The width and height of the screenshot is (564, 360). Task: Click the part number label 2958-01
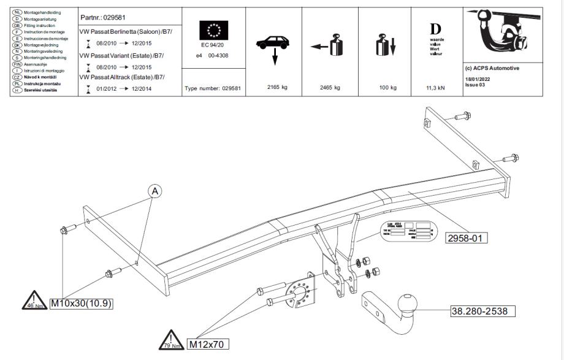click(467, 237)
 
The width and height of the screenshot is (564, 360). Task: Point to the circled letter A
click(154, 192)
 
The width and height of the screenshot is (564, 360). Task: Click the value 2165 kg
click(277, 87)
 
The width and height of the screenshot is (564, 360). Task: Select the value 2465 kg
click(330, 87)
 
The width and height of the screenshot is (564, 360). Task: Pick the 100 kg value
click(387, 87)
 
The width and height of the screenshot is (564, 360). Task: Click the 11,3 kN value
click(435, 88)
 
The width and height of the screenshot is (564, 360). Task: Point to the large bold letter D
click(435, 29)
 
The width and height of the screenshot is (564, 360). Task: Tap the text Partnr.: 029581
click(103, 17)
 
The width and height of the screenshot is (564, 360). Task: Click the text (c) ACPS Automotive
click(492, 68)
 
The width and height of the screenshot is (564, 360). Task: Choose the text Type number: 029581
click(213, 88)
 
